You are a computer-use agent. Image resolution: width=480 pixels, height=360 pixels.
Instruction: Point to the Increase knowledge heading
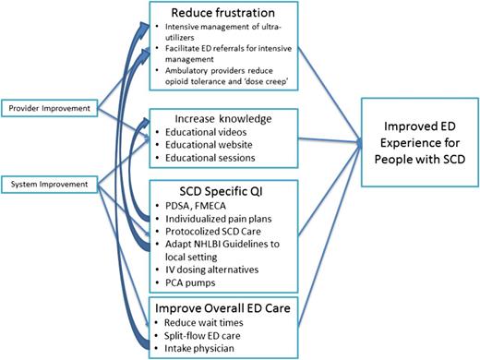(x=212, y=119)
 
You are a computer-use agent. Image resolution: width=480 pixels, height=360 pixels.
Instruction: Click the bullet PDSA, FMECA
(x=193, y=204)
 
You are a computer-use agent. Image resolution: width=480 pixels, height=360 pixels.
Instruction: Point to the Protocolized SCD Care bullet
(x=211, y=232)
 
